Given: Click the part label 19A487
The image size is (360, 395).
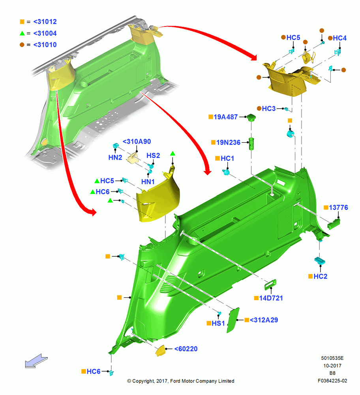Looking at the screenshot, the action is pyautogui.click(x=225, y=117).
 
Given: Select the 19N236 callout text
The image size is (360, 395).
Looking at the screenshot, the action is pyautogui.click(x=228, y=142).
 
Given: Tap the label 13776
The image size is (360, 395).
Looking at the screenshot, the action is pyautogui.click(x=338, y=208).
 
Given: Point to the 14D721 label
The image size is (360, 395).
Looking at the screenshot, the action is pyautogui.click(x=271, y=298).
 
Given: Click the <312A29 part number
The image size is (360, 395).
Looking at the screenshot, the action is pyautogui.click(x=264, y=320).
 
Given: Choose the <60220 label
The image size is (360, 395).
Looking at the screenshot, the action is pyautogui.click(x=186, y=349).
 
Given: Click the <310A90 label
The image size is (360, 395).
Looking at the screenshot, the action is pyautogui.click(x=137, y=141).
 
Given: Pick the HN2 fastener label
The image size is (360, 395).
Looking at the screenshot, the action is pyautogui.click(x=115, y=158).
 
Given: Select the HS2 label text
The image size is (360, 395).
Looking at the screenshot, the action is pyautogui.click(x=153, y=156).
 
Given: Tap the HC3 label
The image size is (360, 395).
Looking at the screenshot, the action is pyautogui.click(x=268, y=109).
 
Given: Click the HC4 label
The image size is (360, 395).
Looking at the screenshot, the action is pyautogui.click(x=339, y=38).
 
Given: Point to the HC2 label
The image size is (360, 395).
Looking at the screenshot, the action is pyautogui.click(x=320, y=276).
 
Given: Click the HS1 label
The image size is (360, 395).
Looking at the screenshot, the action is pyautogui.click(x=218, y=323).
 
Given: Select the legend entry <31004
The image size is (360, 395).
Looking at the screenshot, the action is pyautogui.click(x=45, y=33).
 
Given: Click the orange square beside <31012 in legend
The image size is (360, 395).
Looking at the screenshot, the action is pyautogui.click(x=22, y=22).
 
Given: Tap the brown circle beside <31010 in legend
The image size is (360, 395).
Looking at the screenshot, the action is pyautogui.click(x=22, y=45).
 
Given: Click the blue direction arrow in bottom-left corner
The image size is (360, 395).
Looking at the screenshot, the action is pyautogui.click(x=36, y=361).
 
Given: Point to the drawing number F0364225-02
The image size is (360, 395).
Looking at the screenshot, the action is pyautogui.click(x=332, y=381).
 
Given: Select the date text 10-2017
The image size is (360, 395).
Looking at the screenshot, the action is pyautogui.click(x=332, y=365).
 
